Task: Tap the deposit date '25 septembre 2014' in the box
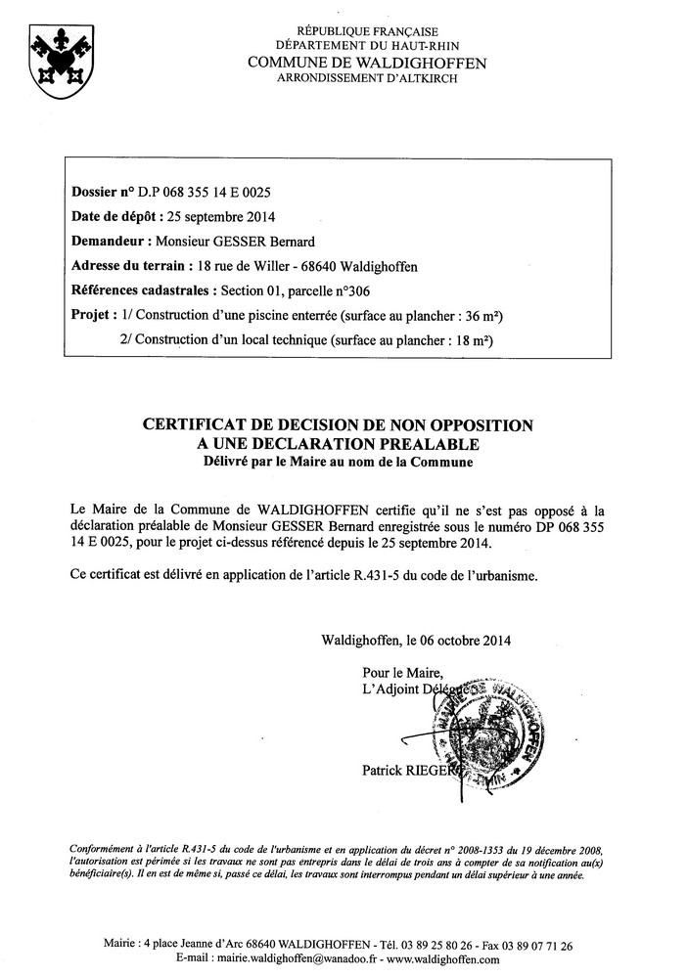(214, 216)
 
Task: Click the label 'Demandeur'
(107, 242)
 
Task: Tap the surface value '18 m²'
(471, 341)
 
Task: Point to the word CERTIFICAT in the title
(200, 425)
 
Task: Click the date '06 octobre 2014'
(457, 642)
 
